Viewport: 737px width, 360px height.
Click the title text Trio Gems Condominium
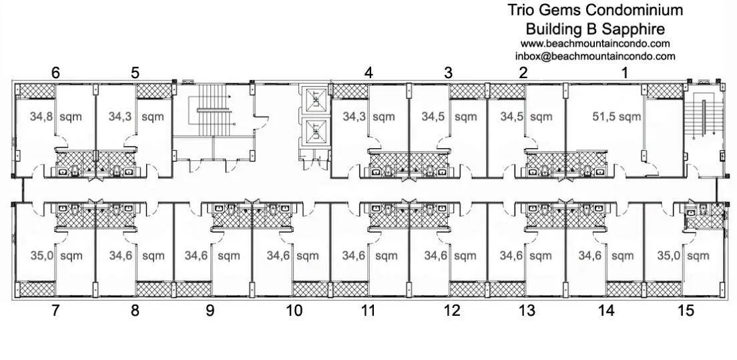pyautogui.click(x=595, y=10)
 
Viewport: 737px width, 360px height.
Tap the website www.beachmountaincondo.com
pyautogui.click(x=595, y=43)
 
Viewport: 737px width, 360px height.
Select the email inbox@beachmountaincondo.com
pyautogui.click(x=595, y=56)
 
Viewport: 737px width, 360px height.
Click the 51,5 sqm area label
pyautogui.click(x=617, y=117)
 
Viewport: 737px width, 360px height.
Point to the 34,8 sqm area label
pyautogui.click(x=55, y=117)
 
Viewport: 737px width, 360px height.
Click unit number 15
pyautogui.click(x=686, y=310)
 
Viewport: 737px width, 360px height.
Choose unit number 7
pyautogui.click(x=55, y=310)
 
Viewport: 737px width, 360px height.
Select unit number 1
pyautogui.click(x=625, y=73)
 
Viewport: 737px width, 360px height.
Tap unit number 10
pyautogui.click(x=294, y=310)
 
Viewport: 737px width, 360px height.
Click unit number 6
pyautogui.click(x=55, y=73)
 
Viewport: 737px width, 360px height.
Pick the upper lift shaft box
pyautogui.click(x=313, y=100)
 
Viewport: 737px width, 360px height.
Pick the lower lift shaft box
pyautogui.click(x=313, y=132)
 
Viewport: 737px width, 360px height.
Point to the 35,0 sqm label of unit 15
pyautogui.click(x=682, y=256)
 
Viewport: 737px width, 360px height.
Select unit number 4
pyautogui.click(x=368, y=73)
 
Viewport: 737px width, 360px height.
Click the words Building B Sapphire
pyautogui.click(x=595, y=29)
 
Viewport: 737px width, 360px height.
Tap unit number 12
pyautogui.click(x=452, y=310)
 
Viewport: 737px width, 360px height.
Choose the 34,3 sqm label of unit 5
pyautogui.click(x=136, y=117)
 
